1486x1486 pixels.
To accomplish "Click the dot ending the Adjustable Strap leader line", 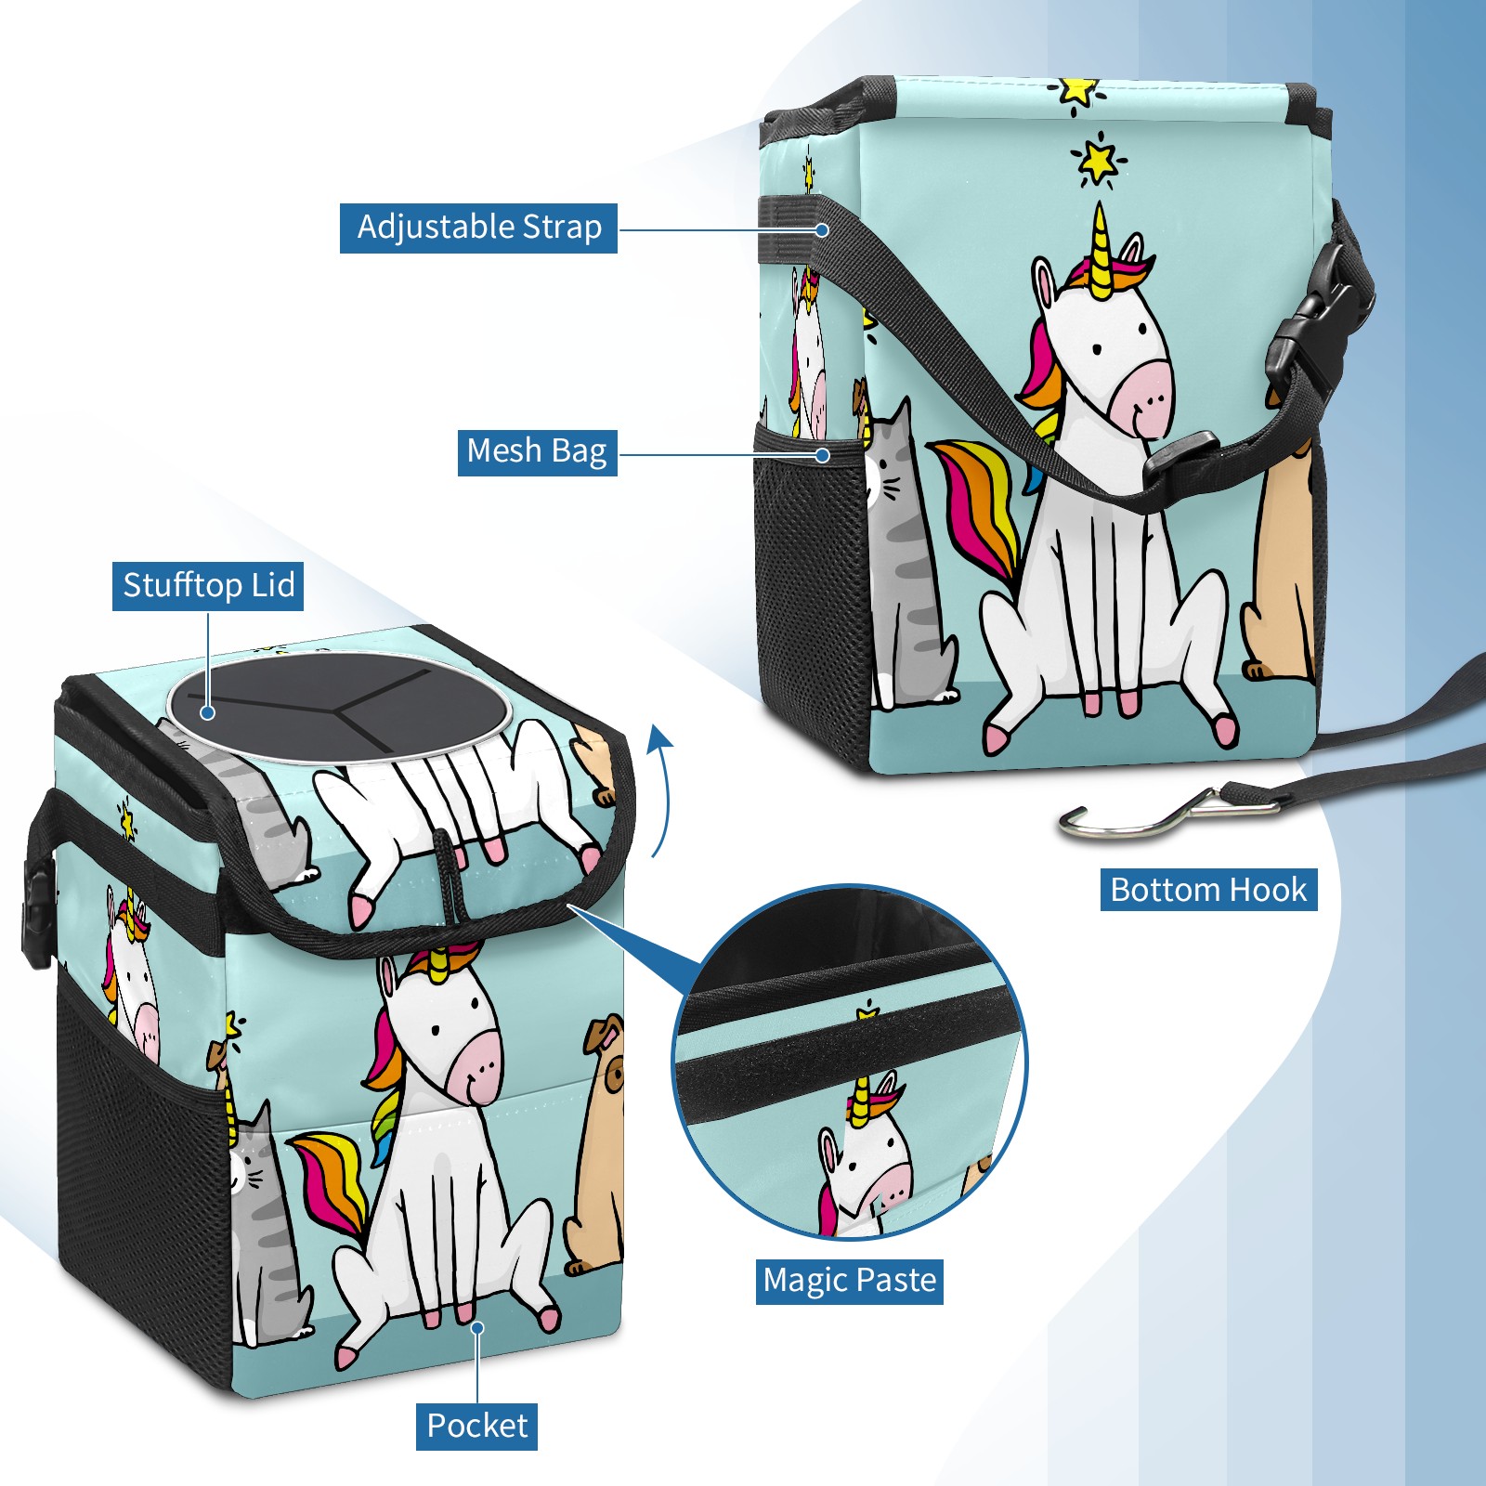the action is tap(822, 229).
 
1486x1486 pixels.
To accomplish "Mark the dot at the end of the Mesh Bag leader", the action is tap(822, 455).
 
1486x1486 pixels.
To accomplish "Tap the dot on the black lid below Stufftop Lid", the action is tap(208, 712).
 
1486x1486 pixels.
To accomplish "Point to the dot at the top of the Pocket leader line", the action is tap(477, 1328).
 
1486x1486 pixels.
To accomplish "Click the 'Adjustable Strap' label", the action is tap(478, 228).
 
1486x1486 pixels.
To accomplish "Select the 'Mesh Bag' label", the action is tap(537, 452).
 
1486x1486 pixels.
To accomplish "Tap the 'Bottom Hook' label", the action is tap(1208, 890).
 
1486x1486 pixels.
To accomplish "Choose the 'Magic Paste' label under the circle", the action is tap(850, 1281).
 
